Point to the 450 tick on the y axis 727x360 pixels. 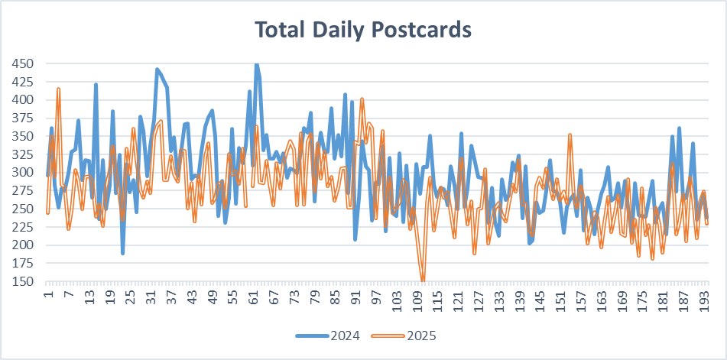pos(22,63)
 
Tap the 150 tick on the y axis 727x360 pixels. pos(22,281)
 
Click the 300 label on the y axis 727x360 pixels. pos(22,173)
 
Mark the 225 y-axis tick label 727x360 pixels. pos(22,227)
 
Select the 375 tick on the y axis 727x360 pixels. pos(22,118)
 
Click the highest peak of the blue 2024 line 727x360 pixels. pos(257,64)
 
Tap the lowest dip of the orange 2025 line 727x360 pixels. pos(423,281)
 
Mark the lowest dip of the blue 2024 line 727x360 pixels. pos(122,252)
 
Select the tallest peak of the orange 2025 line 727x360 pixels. pos(58,89)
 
